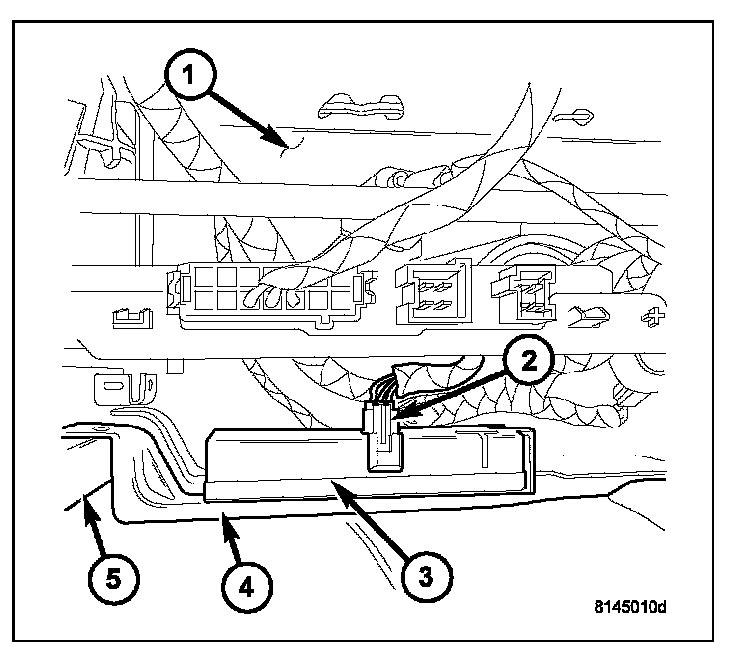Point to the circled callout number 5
click(112, 577)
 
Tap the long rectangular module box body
click(370, 464)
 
